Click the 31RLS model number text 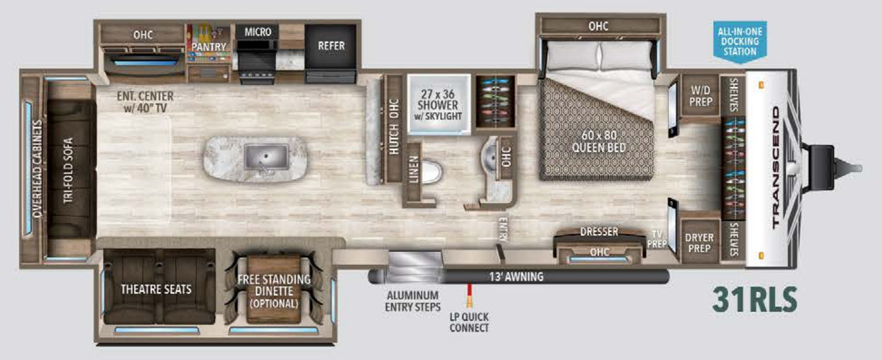755,299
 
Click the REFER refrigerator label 330,46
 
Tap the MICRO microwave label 257,32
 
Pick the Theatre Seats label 156,289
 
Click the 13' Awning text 516,276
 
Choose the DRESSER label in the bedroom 598,231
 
